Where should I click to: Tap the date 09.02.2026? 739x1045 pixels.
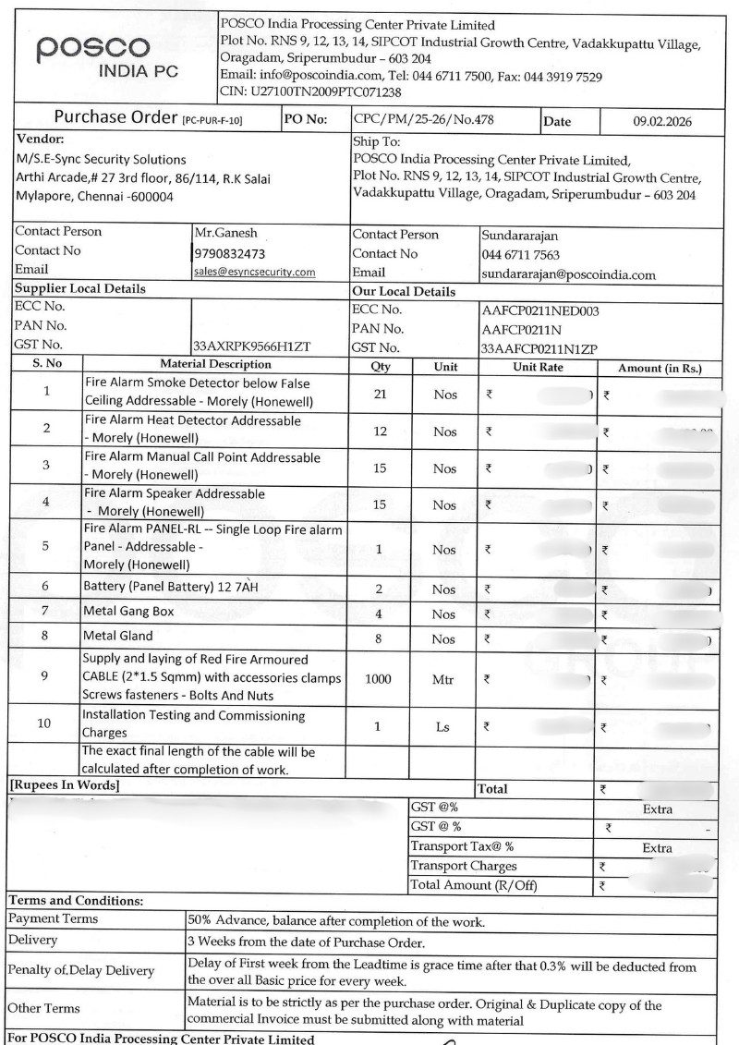click(x=661, y=121)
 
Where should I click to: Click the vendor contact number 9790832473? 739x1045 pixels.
click(x=230, y=253)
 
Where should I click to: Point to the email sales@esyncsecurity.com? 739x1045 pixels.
click(x=254, y=272)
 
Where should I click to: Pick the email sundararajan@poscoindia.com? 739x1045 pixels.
click(x=568, y=274)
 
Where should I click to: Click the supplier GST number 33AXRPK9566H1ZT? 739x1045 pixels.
click(x=251, y=346)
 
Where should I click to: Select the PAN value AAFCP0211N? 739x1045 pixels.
click(x=521, y=329)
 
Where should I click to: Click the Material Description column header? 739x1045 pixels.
click(x=215, y=364)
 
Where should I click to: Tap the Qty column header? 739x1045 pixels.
click(x=380, y=366)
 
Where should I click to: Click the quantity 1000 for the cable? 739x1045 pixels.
click(x=378, y=678)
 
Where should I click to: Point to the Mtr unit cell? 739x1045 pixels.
click(x=443, y=679)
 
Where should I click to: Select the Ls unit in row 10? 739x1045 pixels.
click(x=443, y=727)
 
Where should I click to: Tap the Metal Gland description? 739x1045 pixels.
click(x=118, y=636)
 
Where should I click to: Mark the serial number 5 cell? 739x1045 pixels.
click(x=46, y=546)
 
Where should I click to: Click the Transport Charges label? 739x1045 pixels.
click(x=463, y=867)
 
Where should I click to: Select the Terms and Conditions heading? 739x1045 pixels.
click(x=76, y=900)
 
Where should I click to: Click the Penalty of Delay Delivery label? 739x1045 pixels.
click(x=81, y=970)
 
